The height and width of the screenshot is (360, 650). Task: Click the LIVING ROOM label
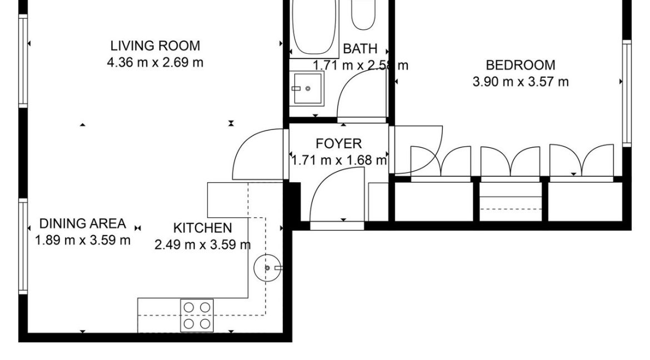tap(155, 46)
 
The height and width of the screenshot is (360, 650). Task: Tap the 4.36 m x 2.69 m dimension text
tap(155, 62)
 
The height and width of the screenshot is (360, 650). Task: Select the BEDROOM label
tap(521, 65)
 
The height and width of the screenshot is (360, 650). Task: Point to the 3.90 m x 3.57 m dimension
tap(521, 82)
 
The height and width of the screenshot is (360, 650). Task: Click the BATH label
tap(360, 49)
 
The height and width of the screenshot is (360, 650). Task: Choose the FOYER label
tap(338, 144)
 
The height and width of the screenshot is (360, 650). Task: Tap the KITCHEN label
tap(202, 228)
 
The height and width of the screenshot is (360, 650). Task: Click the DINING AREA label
tap(82, 224)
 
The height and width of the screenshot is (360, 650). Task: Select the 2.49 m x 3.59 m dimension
tap(202, 244)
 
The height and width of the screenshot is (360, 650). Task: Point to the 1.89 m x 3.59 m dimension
tap(82, 241)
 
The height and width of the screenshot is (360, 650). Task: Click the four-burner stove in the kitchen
tap(197, 315)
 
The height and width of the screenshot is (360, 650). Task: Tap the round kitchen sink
tap(267, 268)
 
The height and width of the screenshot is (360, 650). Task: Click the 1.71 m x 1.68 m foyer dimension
tap(338, 161)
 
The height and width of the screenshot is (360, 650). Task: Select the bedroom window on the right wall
tap(626, 93)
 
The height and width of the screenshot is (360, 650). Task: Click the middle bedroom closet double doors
tap(510, 161)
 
